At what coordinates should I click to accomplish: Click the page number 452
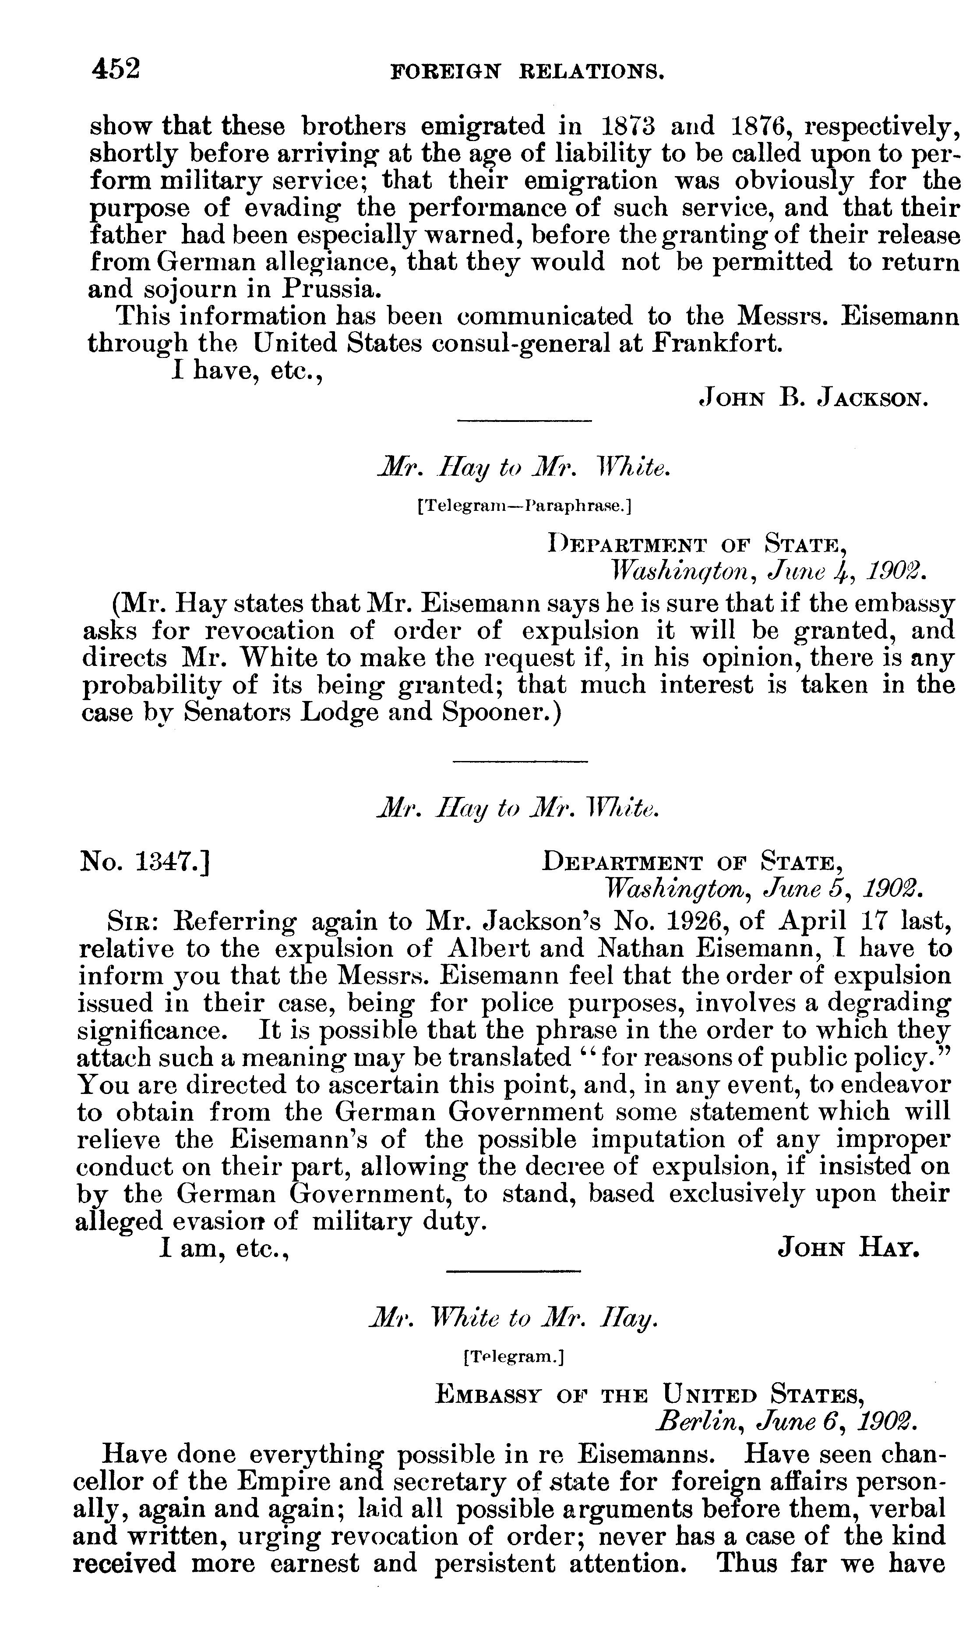116,68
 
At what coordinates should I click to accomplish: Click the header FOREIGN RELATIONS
527,71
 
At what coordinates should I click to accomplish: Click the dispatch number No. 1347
144,863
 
